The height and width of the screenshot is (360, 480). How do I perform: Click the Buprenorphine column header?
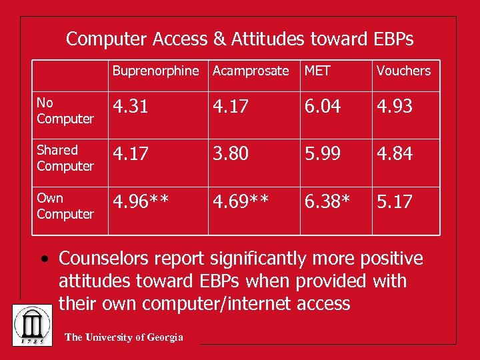click(155, 71)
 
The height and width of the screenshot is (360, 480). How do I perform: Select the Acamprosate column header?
click(251, 71)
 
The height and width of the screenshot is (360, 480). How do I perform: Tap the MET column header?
click(317, 71)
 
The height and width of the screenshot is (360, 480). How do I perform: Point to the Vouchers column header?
click(403, 71)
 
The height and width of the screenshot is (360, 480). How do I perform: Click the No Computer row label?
click(65, 111)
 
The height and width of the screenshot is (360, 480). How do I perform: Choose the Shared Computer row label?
click(65, 158)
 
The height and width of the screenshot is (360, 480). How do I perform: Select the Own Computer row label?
click(65, 206)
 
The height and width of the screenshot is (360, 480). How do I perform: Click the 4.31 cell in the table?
click(131, 107)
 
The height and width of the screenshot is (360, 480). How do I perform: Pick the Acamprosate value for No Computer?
click(231, 107)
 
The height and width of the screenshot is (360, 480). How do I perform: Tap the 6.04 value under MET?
click(323, 107)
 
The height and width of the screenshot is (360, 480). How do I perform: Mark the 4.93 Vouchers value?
click(395, 107)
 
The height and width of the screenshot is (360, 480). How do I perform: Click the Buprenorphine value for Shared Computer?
click(131, 154)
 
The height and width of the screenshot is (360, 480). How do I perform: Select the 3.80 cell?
click(231, 154)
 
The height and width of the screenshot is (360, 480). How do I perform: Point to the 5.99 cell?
click(323, 154)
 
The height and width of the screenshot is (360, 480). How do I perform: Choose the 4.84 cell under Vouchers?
click(395, 154)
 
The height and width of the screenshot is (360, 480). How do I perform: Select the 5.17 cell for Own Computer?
click(395, 202)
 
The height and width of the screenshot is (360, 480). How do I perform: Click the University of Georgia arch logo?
click(33, 325)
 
